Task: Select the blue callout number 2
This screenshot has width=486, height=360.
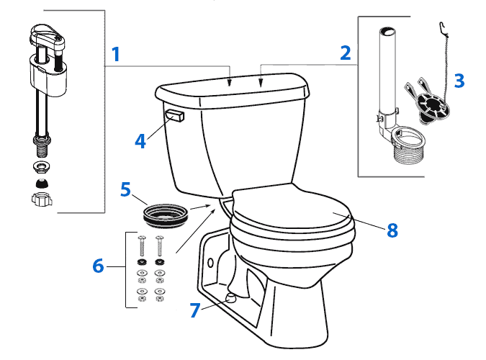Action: click(346, 53)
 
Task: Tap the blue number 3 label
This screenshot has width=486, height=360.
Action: click(458, 81)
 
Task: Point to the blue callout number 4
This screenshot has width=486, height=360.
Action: click(141, 140)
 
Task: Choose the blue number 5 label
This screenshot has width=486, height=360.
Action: click(125, 191)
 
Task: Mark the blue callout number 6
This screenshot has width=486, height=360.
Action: click(98, 266)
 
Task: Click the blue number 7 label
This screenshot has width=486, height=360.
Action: click(194, 310)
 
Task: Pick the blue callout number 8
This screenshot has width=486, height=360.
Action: click(392, 230)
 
